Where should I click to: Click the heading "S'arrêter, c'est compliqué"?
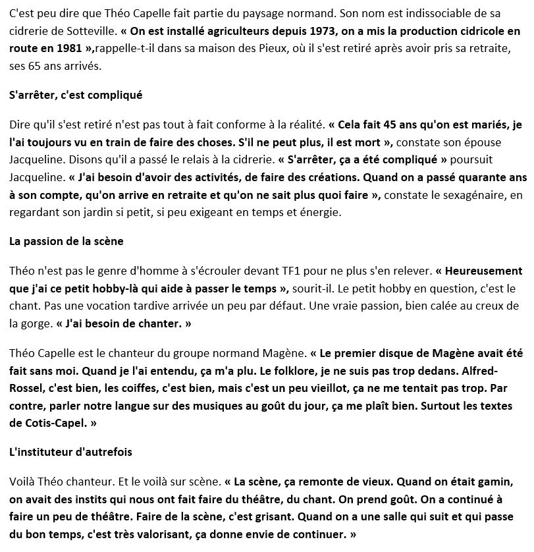click(x=76, y=95)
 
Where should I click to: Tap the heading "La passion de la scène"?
click(x=67, y=240)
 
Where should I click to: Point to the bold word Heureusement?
click(x=480, y=271)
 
